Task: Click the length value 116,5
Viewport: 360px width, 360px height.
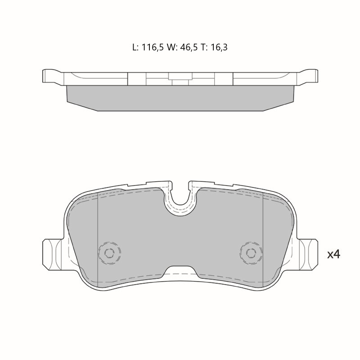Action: (153, 47)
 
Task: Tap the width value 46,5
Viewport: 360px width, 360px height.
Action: (189, 47)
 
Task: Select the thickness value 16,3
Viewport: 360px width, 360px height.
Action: (219, 47)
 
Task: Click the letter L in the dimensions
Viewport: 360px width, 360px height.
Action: (135, 47)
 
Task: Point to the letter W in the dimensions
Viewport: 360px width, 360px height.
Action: (171, 47)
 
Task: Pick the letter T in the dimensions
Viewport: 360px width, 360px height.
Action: (203, 47)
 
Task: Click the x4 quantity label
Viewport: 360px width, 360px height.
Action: (333, 254)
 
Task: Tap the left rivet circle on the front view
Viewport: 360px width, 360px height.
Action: (109, 253)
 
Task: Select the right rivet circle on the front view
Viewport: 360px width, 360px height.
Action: (251, 253)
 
